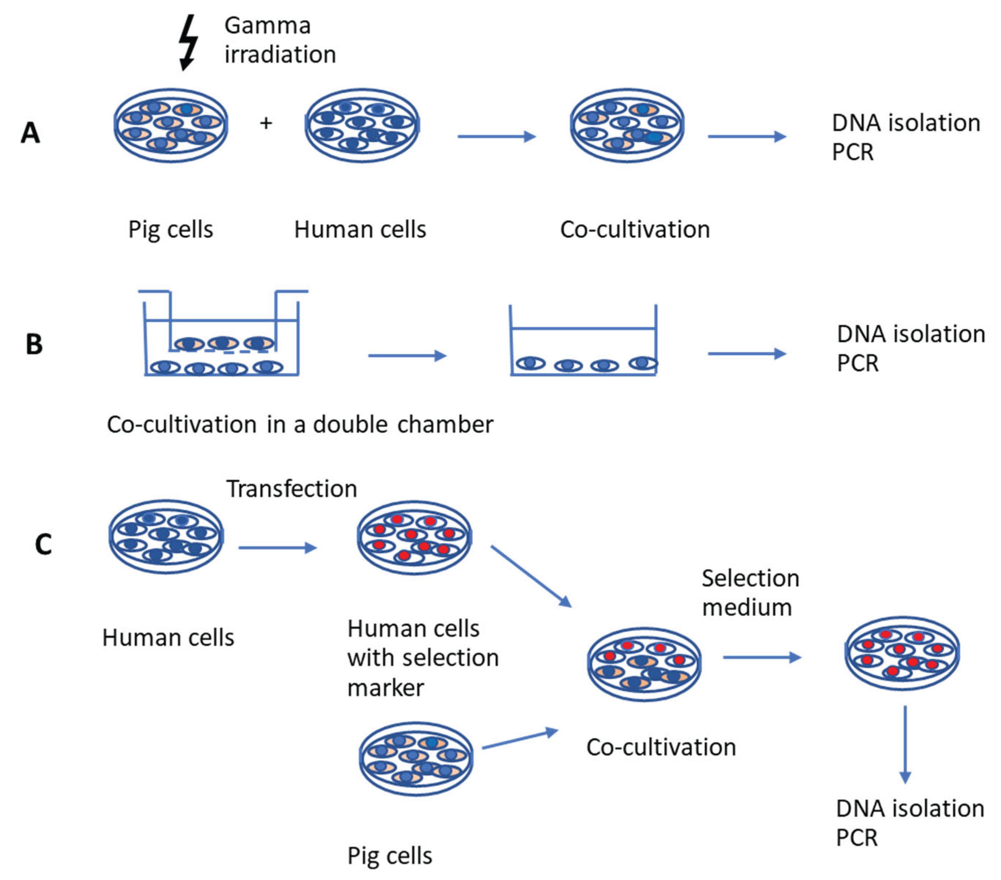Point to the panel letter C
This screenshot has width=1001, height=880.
[x=43, y=544]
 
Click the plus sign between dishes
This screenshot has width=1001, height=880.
[x=266, y=123]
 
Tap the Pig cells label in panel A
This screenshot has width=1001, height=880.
[x=171, y=229]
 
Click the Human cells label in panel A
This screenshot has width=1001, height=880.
[x=360, y=229]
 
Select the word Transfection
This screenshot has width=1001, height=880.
[x=291, y=489]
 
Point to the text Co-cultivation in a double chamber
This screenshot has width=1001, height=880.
[x=300, y=424]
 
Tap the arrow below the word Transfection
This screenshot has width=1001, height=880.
[x=277, y=547]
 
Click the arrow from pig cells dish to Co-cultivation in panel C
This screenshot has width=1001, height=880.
[x=520, y=740]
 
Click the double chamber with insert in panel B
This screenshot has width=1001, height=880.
[x=222, y=338]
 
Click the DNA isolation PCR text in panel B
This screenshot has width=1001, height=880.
[x=910, y=349]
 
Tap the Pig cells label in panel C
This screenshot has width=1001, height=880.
[x=389, y=856]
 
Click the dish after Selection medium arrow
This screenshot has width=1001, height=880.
[x=902, y=653]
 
